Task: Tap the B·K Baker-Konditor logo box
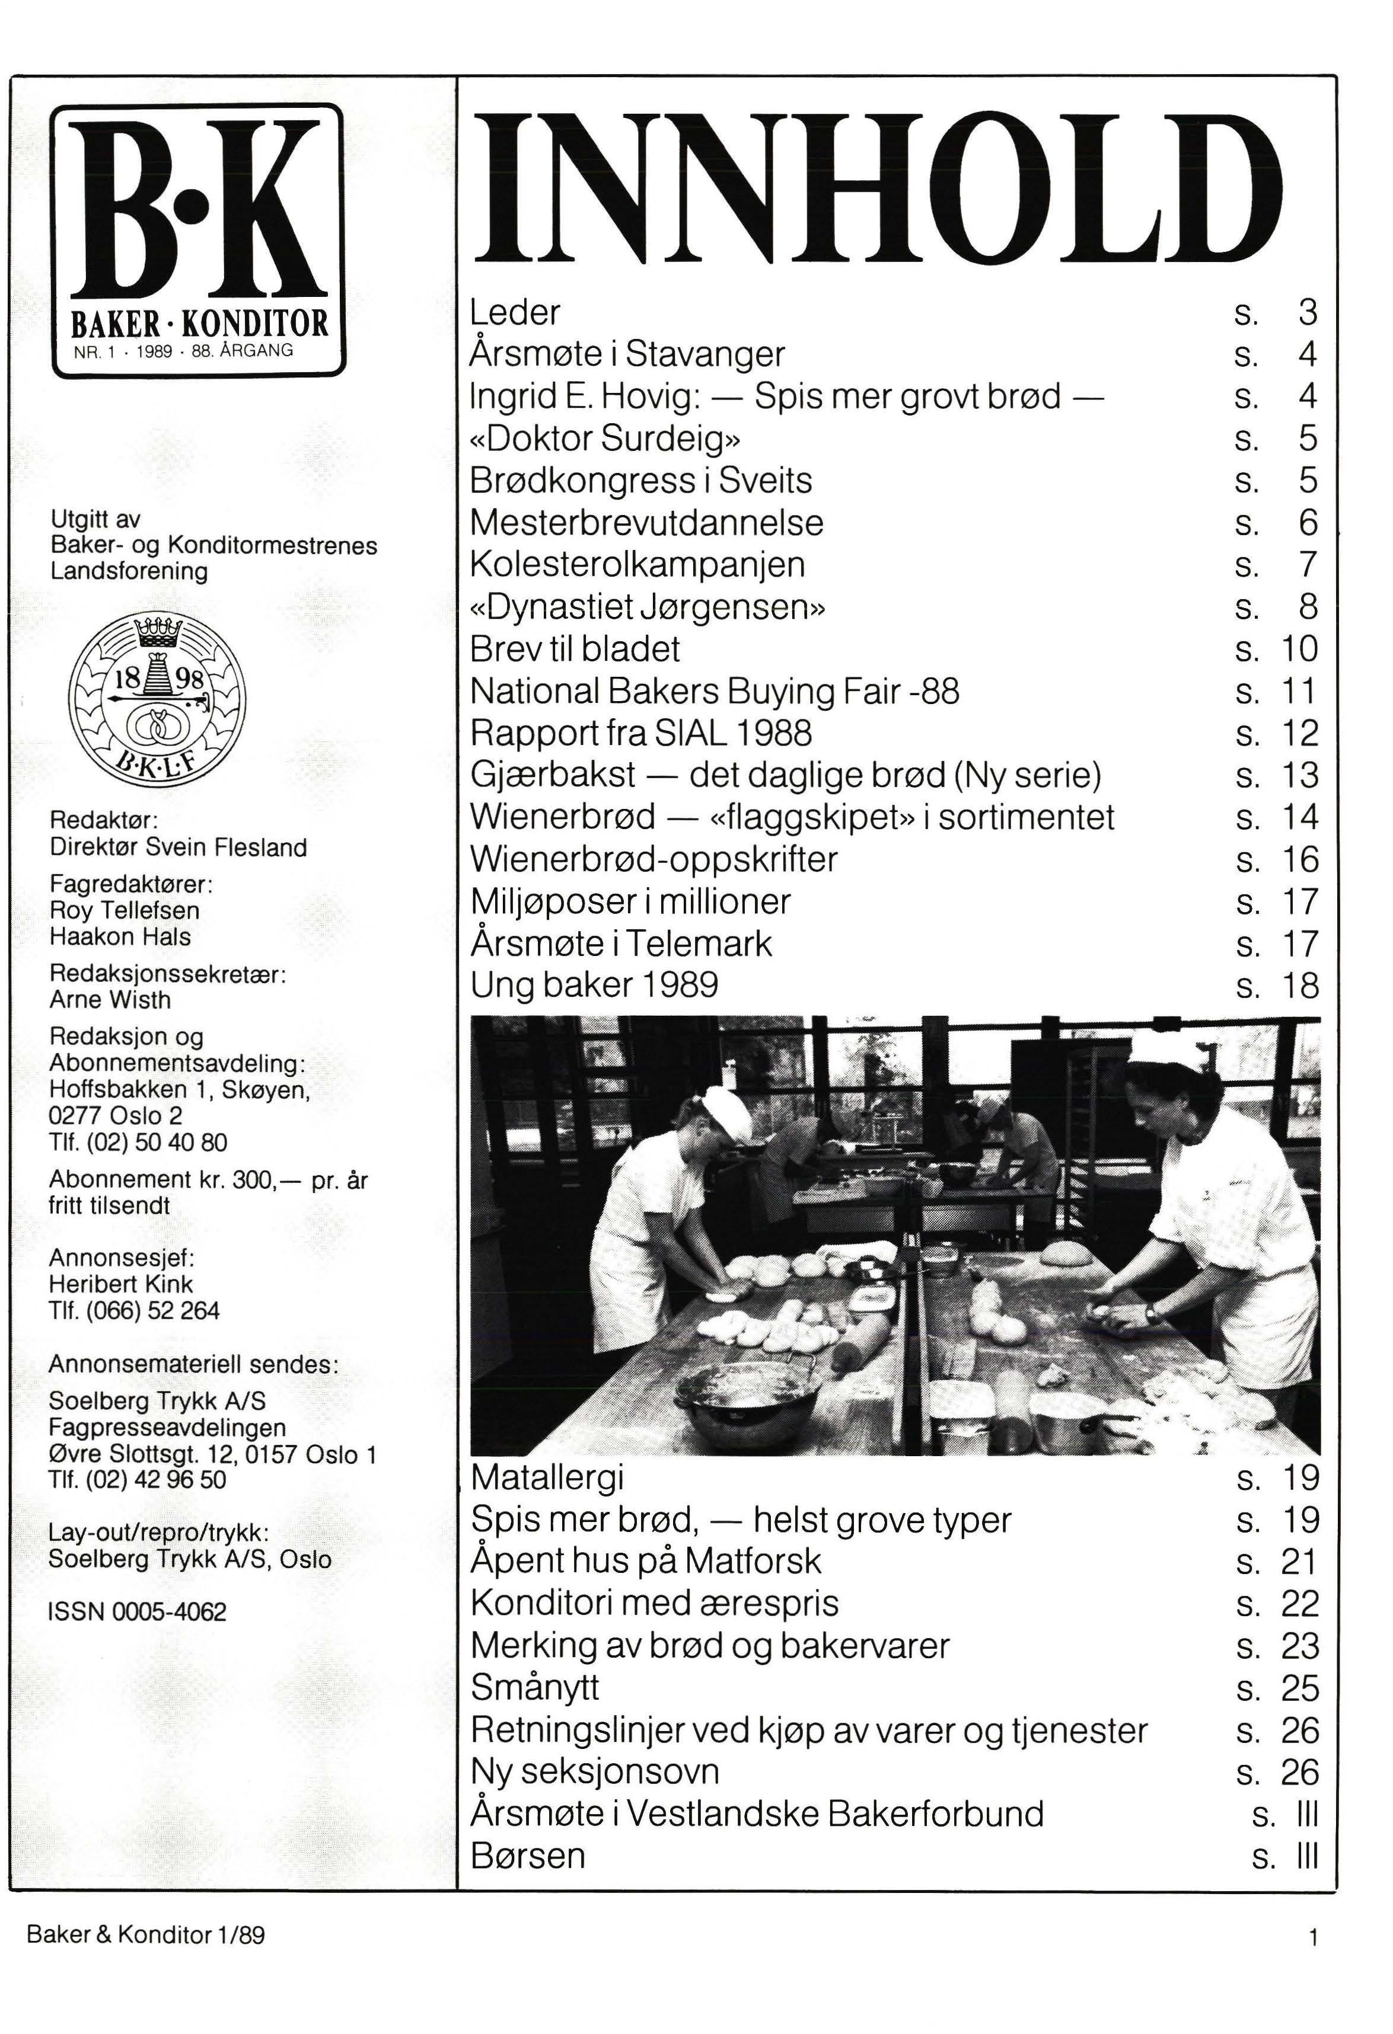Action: [199, 241]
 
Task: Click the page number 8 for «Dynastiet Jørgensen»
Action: [1307, 606]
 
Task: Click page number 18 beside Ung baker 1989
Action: [1299, 986]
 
